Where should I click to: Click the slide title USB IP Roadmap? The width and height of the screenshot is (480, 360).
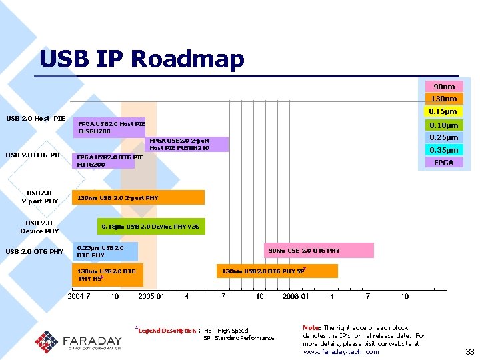tap(141, 59)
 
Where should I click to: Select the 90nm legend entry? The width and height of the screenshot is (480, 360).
tap(444, 87)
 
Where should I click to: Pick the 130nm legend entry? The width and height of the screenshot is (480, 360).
tap(444, 99)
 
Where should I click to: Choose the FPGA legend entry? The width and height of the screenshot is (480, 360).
tap(444, 163)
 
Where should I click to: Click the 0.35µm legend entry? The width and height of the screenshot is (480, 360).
tap(444, 150)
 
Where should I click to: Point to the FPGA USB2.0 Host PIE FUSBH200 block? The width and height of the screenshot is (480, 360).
tap(109, 127)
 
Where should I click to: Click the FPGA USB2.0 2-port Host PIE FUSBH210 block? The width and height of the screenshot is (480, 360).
tap(187, 144)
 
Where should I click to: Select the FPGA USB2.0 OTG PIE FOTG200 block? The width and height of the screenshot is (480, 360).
tap(104, 161)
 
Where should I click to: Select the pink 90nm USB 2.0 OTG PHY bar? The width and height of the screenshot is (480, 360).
tap(319, 251)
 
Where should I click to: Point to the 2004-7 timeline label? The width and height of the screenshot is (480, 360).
tap(79, 296)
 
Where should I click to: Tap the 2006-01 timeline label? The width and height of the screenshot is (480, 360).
tap(295, 296)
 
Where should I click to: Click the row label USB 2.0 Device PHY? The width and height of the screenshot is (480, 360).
tap(39, 227)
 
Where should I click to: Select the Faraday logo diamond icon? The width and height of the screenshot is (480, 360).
tap(47, 342)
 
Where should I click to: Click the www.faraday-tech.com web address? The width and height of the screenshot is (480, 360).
tap(341, 351)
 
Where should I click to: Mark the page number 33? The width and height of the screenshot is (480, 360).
tap(469, 351)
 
